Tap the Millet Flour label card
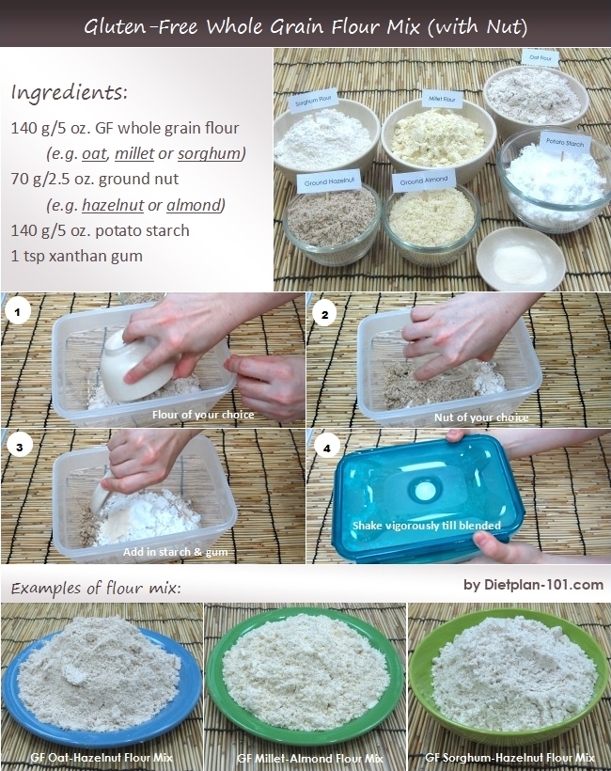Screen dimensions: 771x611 (440, 98)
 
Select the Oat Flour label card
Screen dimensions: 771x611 (540, 58)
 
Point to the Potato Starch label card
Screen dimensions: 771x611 (566, 144)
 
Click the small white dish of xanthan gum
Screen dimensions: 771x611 (520, 259)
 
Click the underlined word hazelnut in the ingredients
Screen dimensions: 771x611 (111, 205)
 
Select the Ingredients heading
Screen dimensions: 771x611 (70, 93)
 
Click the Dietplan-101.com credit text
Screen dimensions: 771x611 (533, 585)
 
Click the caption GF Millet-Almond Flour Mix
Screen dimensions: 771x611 (309, 757)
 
